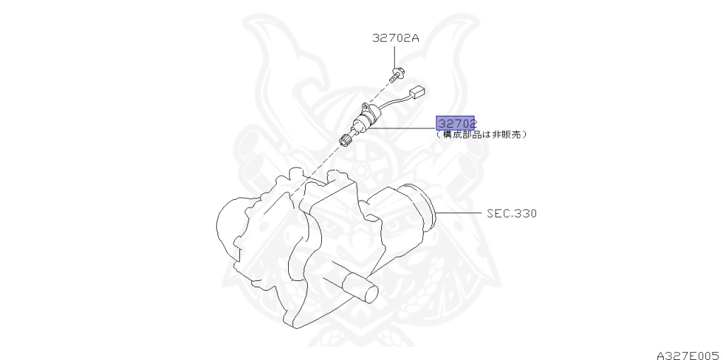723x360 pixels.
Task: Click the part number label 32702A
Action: click(395, 39)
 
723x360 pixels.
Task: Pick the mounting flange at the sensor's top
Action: click(369, 109)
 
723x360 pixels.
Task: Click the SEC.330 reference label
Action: click(511, 212)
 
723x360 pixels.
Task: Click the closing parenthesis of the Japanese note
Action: click(525, 134)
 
